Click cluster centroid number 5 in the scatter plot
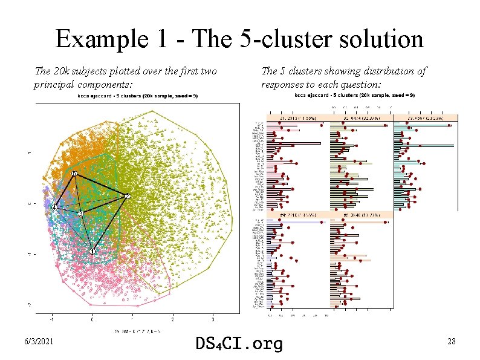click(x=74, y=174)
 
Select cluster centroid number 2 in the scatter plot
click(x=128, y=196)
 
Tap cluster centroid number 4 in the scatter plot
click(x=54, y=208)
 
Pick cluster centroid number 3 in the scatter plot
click(x=80, y=214)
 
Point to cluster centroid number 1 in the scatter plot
click(x=92, y=251)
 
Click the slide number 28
click(x=451, y=342)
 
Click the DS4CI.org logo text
click(x=239, y=344)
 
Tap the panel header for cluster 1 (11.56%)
click(x=297, y=119)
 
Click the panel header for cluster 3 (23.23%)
click(x=424, y=119)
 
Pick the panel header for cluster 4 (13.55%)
click(x=297, y=214)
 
